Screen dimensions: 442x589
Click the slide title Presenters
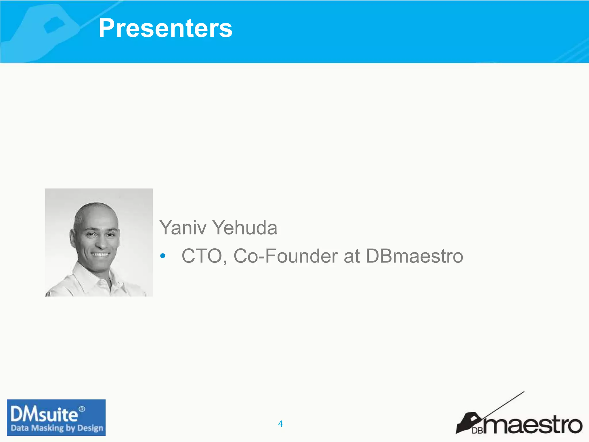[165, 28]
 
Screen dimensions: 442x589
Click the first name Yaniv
[183, 228]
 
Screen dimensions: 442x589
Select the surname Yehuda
[245, 228]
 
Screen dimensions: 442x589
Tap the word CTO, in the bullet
[204, 256]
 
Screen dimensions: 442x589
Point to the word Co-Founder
[286, 256]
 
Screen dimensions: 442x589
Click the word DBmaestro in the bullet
[414, 256]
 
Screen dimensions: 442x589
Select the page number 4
[280, 424]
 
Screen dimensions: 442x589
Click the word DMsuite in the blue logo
[44, 415]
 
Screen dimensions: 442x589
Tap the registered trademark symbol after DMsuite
[82, 409]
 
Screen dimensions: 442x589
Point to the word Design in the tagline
[90, 428]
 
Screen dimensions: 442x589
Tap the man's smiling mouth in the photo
[100, 255]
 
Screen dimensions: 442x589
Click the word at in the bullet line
[351, 256]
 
